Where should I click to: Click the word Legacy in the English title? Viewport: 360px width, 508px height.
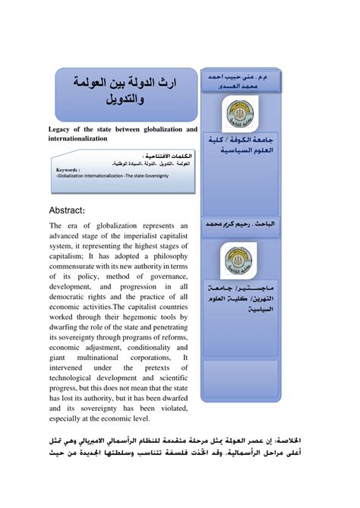point(64,131)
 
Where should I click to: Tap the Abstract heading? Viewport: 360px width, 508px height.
point(74,210)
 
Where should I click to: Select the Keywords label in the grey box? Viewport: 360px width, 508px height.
point(71,170)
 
